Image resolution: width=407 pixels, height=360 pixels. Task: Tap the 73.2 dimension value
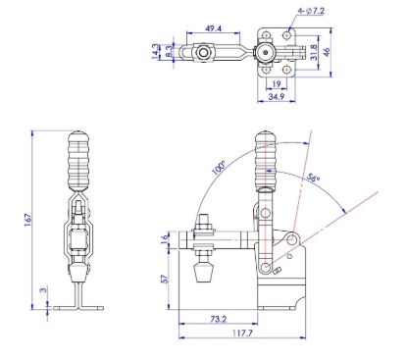pos(219,320)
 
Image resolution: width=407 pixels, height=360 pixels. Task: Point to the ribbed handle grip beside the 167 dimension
pos(77,161)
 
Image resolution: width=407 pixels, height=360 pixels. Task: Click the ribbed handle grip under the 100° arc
pos(265,162)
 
